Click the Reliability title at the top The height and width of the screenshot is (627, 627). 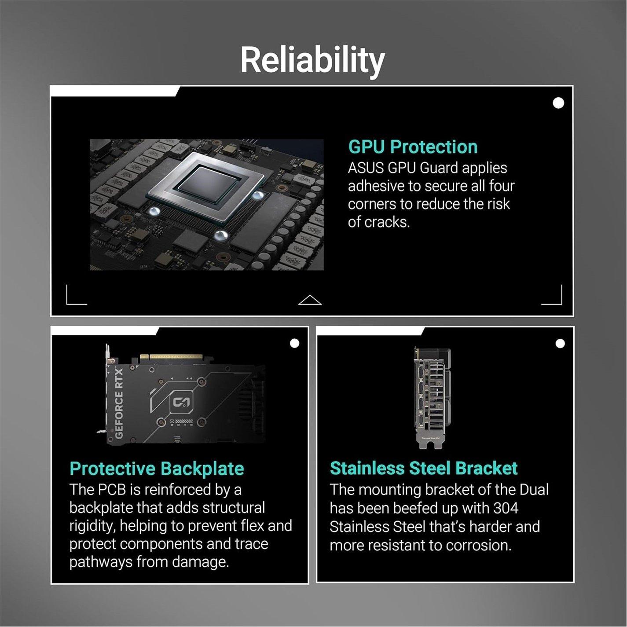312,60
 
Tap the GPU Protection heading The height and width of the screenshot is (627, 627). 412,147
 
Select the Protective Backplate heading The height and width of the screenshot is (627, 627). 157,469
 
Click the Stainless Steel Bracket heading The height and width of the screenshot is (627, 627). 423,469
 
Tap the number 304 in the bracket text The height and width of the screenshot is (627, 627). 506,508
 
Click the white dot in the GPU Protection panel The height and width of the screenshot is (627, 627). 558,103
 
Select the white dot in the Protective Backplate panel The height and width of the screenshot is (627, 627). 294,343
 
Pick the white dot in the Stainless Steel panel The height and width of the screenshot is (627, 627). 560,343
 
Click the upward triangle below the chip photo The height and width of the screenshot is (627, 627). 310,300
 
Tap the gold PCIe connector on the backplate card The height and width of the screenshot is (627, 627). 171,357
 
